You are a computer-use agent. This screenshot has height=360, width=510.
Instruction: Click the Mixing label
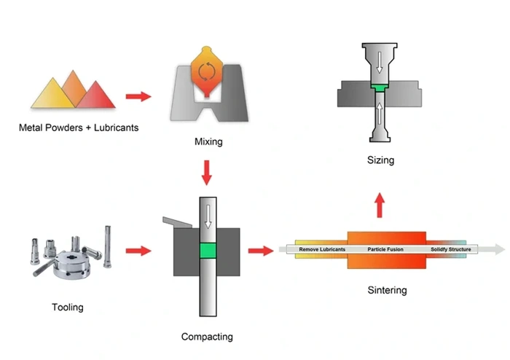[x=209, y=142]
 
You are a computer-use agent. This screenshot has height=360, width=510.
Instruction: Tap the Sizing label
[x=380, y=160]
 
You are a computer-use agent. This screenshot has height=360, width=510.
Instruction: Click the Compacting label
[x=207, y=337]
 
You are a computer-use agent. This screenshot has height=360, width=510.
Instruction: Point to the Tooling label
[x=68, y=308]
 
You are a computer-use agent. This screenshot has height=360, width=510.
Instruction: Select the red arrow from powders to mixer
[x=138, y=95]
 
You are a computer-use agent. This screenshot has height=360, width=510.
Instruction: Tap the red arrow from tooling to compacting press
[x=138, y=251]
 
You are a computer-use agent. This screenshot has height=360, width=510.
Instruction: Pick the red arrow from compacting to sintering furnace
[x=257, y=251]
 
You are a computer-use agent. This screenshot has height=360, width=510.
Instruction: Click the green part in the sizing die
[x=380, y=87]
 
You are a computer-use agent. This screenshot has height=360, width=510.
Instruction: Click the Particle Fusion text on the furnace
[x=386, y=250]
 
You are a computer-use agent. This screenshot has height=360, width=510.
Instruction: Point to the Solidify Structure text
[x=450, y=250]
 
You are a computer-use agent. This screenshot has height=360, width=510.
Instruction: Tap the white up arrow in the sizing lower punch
[x=380, y=113]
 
